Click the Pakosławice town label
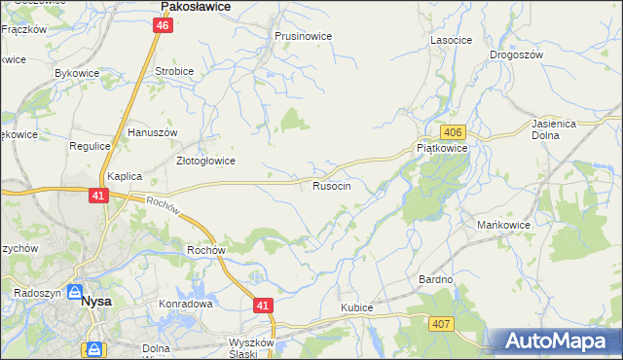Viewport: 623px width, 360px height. pos(194,6)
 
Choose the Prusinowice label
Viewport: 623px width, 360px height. pos(303,36)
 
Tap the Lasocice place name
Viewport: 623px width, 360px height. pos(451,40)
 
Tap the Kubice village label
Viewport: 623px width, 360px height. pos(356,307)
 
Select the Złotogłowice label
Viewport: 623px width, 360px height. pos(204,161)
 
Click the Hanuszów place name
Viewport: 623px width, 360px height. pos(151,131)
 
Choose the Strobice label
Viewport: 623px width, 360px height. pos(174,72)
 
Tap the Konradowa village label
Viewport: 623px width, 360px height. pos(185,304)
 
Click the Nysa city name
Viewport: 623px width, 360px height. pos(96,302)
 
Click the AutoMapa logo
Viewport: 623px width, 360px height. pos(556,342)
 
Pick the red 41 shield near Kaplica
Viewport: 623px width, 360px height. pos(98,196)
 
